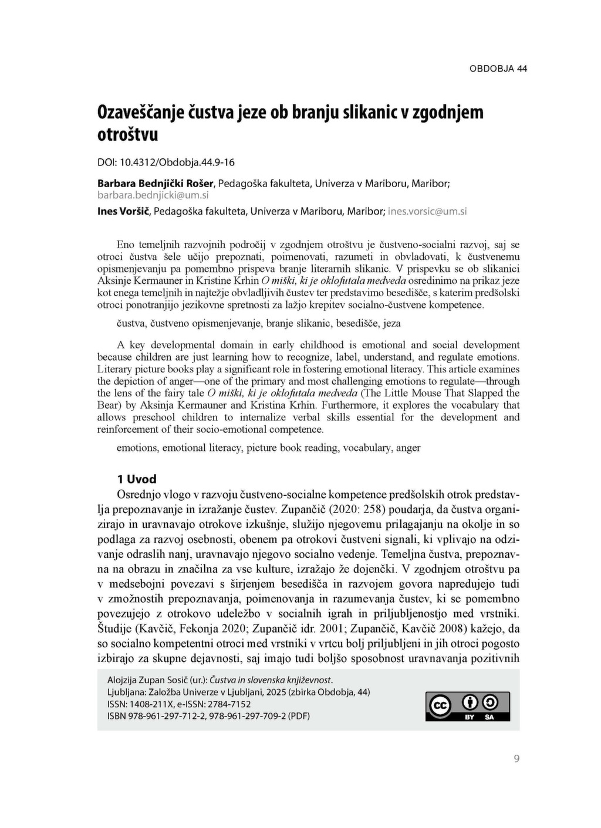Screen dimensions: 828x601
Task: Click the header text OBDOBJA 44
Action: (x=498, y=69)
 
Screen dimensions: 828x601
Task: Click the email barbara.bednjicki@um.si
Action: (x=153, y=195)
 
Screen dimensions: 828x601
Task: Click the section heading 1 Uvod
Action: (x=137, y=479)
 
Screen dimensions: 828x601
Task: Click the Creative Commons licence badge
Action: (x=468, y=707)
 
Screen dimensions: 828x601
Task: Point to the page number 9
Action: (x=516, y=759)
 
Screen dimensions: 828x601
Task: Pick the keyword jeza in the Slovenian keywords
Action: (x=391, y=323)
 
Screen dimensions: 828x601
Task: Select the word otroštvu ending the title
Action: (x=127, y=135)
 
